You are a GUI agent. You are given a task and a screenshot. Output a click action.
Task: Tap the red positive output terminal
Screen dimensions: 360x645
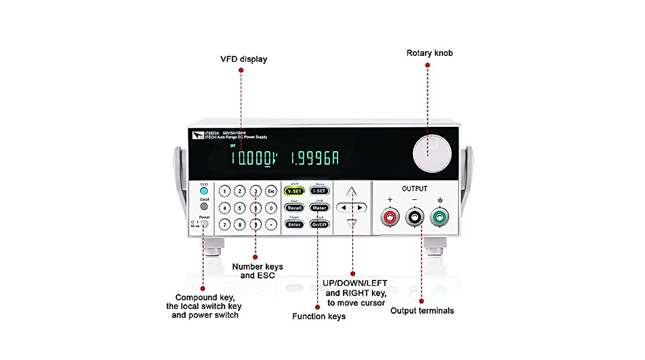(390, 217)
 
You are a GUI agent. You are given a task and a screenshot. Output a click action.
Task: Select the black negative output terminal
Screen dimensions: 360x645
(415, 217)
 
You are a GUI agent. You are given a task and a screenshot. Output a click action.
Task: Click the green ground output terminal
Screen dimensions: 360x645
(440, 217)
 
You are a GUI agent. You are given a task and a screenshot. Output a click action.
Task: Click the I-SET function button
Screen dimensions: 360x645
(319, 191)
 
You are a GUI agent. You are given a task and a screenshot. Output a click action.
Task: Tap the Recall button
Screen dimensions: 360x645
(294, 207)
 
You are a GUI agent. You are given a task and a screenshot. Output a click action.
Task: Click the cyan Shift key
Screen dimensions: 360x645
(204, 190)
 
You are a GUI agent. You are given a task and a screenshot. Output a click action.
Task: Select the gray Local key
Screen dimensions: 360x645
(204, 206)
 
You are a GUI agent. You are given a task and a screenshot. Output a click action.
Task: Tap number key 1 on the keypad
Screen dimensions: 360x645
(225, 191)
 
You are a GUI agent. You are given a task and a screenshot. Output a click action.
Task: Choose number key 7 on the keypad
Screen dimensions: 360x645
(225, 224)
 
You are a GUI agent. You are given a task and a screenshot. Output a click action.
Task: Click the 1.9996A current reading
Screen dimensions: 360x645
(315, 159)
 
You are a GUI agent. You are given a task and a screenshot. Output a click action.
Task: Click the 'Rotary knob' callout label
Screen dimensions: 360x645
(429, 53)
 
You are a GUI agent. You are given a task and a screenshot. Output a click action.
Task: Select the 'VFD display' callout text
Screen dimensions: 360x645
(243, 59)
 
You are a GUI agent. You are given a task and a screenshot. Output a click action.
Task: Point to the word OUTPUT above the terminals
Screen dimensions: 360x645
(414, 189)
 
